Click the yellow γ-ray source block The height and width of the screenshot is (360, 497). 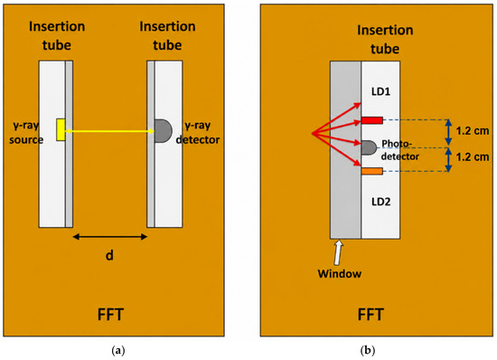[x=61, y=129]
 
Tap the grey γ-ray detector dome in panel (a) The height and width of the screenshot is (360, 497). [x=163, y=130]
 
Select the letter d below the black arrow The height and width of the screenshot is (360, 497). [x=109, y=255]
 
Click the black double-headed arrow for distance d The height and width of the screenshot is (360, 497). [x=110, y=236]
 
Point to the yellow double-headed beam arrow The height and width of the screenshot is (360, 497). [x=110, y=131]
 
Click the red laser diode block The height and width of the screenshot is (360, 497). [x=371, y=120]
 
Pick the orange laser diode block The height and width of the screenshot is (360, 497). [x=371, y=171]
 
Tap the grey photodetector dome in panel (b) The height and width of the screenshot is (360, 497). [x=369, y=147]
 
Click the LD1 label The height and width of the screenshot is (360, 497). [x=380, y=91]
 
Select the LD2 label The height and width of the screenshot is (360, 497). [x=380, y=202]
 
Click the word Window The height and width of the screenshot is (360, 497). [x=340, y=274]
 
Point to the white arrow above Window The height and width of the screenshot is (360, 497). [x=338, y=252]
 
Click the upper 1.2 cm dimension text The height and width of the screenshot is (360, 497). [x=473, y=131]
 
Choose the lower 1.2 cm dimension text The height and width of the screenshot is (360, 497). [x=473, y=157]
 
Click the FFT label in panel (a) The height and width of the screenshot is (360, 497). [x=110, y=315]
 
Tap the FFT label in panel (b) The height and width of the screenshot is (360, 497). [x=370, y=315]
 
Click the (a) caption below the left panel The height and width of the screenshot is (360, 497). [x=118, y=350]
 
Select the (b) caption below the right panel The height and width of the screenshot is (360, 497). [x=368, y=350]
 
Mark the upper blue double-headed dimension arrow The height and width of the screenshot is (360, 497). [x=448, y=132]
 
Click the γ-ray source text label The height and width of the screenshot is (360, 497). [x=26, y=133]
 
